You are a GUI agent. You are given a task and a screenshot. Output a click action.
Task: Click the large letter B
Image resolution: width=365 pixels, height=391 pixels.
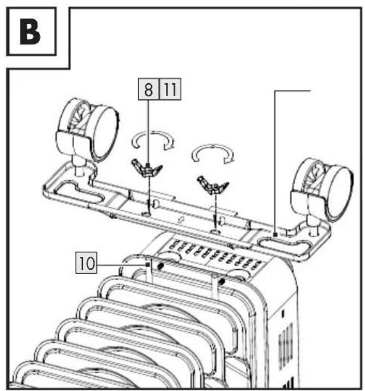[x=30, y=32]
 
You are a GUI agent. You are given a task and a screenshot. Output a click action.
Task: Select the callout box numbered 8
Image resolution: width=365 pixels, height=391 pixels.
[x=148, y=89]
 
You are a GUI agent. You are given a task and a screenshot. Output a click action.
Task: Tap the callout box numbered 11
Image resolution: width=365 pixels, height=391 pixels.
[x=170, y=89]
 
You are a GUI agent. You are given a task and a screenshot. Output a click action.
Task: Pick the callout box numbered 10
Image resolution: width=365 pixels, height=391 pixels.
[x=87, y=262]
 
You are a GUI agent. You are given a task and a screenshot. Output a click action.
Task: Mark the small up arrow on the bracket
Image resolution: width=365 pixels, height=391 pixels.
[x=180, y=220]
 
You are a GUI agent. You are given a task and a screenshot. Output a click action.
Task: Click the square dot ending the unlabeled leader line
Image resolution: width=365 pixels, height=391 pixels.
[x=275, y=234]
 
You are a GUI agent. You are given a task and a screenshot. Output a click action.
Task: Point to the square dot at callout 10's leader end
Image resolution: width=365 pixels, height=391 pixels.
[x=148, y=264]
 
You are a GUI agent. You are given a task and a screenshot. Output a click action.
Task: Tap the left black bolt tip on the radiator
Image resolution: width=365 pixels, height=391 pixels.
[x=160, y=266]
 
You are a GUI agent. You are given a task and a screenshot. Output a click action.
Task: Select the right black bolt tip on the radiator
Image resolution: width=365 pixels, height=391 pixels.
[x=221, y=282]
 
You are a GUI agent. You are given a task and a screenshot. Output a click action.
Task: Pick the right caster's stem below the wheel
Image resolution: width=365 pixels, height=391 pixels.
[x=313, y=226]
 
